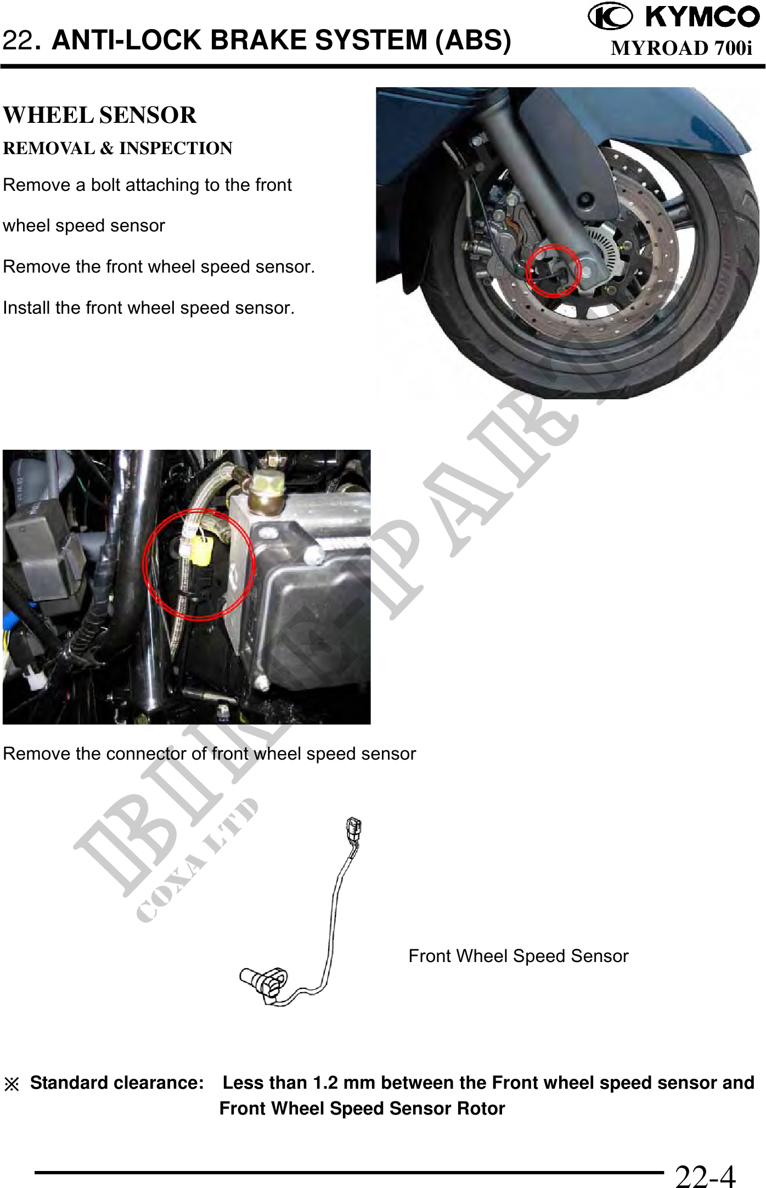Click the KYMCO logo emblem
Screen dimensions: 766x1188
coord(610,16)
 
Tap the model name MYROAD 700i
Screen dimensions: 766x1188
coord(681,48)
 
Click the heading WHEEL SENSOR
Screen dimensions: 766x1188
coord(99,115)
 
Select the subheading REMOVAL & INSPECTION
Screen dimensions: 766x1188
coord(117,148)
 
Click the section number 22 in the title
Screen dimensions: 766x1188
coord(17,41)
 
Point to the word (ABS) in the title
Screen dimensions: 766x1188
coord(473,41)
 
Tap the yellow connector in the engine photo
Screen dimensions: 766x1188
coord(200,551)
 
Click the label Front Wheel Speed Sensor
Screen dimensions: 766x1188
coord(518,956)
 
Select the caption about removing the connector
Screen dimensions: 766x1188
coord(209,754)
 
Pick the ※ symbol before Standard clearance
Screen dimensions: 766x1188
coord(12,1084)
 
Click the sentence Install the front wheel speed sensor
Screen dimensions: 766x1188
coord(149,308)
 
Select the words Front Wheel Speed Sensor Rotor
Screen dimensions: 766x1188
coord(362,1108)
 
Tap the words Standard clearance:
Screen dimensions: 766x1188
coord(117,1083)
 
